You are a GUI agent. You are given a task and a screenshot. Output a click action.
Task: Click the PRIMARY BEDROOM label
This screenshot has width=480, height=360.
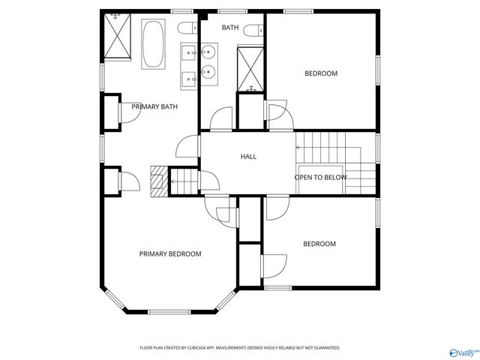[170, 254]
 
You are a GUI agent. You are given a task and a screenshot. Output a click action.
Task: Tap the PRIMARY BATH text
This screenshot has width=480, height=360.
[154, 107]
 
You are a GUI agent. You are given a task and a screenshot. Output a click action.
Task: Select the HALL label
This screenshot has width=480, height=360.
[248, 157]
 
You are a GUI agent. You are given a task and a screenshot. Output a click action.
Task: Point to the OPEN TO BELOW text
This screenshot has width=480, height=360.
[320, 178]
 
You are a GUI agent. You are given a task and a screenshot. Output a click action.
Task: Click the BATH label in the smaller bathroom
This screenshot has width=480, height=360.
[230, 28]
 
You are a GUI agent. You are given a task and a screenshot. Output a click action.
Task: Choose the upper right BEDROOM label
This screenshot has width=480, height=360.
[320, 73]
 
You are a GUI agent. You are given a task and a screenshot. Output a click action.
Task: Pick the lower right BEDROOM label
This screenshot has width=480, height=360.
[319, 244]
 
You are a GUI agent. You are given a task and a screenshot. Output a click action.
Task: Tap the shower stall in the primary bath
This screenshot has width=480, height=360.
[118, 37]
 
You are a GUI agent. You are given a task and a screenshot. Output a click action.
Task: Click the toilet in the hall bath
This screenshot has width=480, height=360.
[259, 30]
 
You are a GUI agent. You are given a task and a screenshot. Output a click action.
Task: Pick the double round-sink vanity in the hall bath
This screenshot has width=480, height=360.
[208, 62]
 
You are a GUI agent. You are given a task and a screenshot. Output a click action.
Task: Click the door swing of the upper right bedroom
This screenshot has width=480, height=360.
[277, 115]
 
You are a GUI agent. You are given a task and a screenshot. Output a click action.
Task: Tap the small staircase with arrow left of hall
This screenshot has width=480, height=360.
[184, 181]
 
